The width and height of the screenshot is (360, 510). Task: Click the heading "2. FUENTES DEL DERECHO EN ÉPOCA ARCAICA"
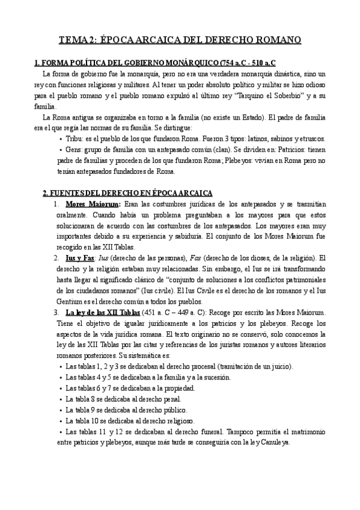click(x=127, y=192)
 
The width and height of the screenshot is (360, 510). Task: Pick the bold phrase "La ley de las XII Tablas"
click(x=103, y=312)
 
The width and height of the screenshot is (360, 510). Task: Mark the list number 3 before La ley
click(x=56, y=312)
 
